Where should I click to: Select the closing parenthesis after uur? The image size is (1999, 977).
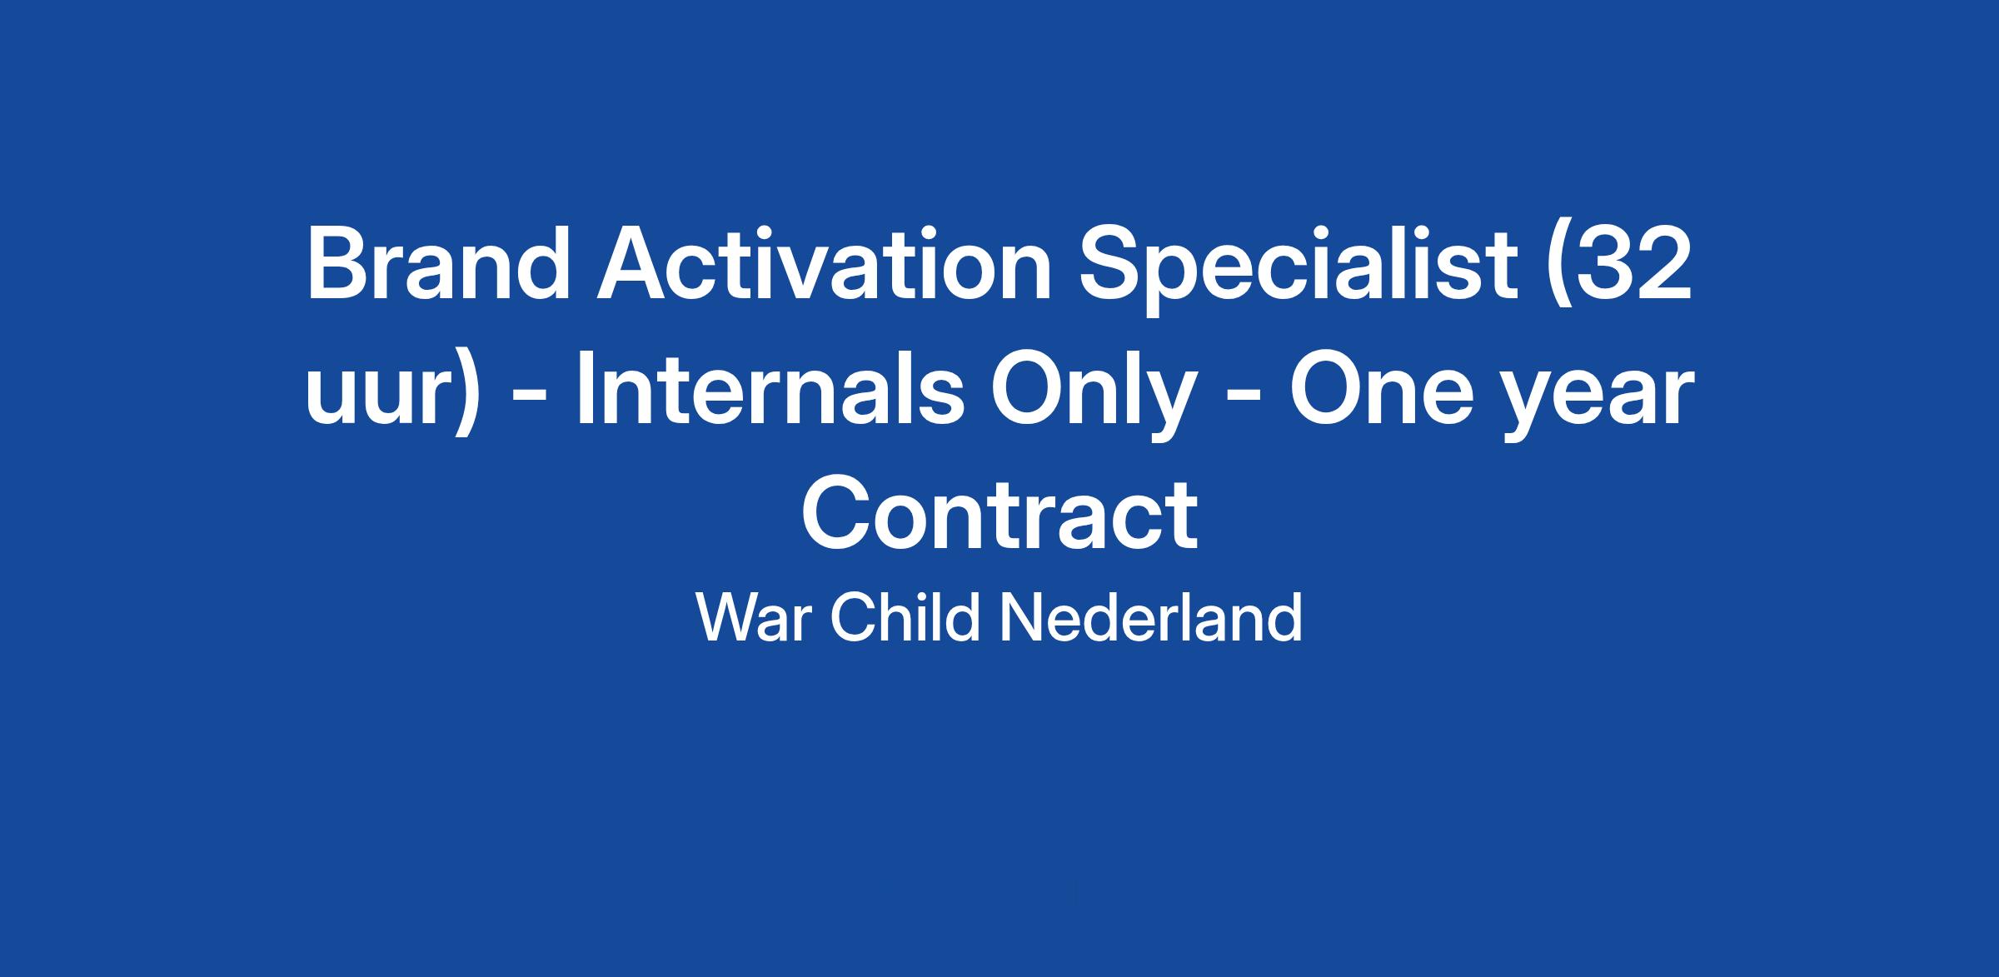click(x=467, y=395)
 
